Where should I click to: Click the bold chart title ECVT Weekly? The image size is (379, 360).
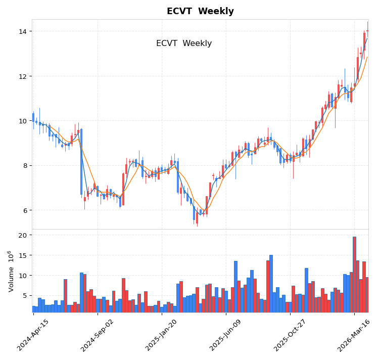[200, 11]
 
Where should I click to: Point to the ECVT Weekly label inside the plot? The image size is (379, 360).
[184, 43]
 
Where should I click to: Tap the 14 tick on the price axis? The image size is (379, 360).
[22, 31]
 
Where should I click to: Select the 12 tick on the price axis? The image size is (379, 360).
[22, 76]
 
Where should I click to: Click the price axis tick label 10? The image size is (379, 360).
[22, 121]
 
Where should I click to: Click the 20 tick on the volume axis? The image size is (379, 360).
[22, 236]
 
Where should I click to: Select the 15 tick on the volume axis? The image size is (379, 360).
[22, 255]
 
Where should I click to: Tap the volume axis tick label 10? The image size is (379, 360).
[22, 276]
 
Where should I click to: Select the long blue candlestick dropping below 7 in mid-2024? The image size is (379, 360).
[81, 162]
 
